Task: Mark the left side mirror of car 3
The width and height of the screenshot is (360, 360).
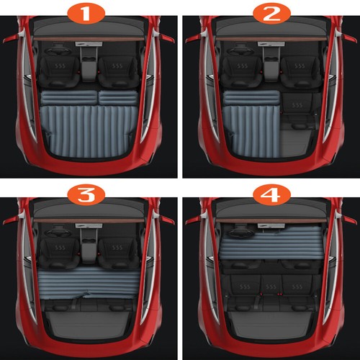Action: (x=9, y=217)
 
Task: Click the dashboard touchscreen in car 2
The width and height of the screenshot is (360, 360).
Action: (x=270, y=54)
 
